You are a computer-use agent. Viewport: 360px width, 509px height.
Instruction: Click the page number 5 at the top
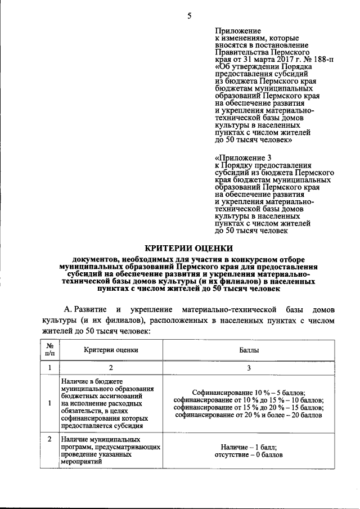point(189,16)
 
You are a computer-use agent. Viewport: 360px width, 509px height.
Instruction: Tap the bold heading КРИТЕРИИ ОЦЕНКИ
point(188,247)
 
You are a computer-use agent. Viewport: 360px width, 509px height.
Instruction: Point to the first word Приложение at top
point(238,29)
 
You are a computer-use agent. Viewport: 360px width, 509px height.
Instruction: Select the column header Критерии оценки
point(111,350)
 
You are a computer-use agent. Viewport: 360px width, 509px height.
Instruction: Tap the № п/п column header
point(50,350)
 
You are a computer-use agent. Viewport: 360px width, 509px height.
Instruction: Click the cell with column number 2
point(111,368)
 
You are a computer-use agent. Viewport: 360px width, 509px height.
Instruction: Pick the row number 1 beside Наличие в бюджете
point(50,403)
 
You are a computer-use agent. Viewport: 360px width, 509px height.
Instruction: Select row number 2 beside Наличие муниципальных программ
point(50,439)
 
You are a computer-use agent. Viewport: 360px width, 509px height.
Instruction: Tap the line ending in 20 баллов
point(249,415)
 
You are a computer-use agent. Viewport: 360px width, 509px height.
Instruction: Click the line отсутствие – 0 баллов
point(249,454)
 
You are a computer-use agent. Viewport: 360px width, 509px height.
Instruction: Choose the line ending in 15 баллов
point(249,407)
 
